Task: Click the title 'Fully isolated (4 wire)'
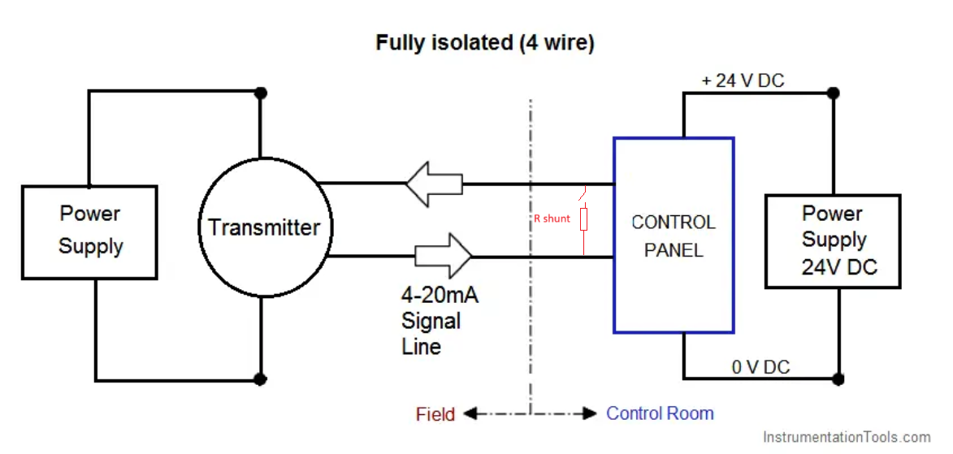point(484,44)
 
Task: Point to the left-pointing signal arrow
point(434,183)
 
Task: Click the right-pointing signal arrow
point(443,256)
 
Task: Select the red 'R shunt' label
point(552,218)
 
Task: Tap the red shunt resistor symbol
point(583,218)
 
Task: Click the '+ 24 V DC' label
point(743,80)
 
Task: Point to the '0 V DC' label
point(761,366)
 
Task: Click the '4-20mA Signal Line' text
point(440,321)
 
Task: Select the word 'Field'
point(435,414)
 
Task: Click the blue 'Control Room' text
point(660,413)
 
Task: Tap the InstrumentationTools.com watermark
point(846,436)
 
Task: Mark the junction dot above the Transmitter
point(261,93)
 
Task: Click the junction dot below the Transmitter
point(260,379)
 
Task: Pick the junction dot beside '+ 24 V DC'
point(834,93)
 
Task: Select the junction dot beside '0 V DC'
point(838,378)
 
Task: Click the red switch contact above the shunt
point(583,196)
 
